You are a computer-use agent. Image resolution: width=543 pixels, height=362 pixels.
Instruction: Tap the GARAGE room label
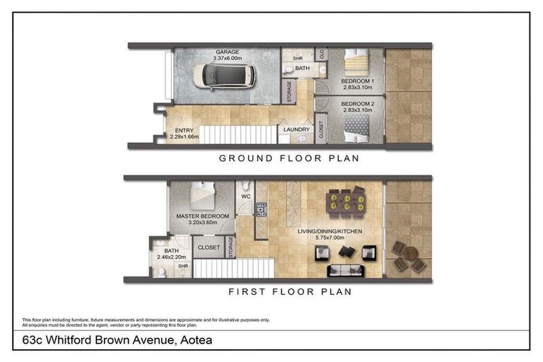point(227,52)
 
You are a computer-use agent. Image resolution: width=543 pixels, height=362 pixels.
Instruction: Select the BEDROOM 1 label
point(357,81)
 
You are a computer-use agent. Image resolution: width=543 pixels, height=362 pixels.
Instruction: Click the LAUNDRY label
point(296,129)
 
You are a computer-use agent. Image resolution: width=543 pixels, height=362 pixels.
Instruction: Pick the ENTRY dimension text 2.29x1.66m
point(185,137)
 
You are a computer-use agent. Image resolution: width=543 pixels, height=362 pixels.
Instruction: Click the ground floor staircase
point(238,134)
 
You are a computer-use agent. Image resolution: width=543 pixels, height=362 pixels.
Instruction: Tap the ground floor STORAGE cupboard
point(288,91)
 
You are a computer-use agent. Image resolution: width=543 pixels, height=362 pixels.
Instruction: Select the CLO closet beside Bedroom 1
point(322,54)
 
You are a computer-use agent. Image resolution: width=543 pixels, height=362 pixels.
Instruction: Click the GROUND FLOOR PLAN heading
point(289,158)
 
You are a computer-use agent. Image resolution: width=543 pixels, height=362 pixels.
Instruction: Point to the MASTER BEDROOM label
point(203,216)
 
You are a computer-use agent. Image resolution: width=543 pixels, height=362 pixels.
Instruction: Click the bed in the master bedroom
point(203,195)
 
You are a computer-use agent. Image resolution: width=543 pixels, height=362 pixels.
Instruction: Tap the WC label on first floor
point(246,197)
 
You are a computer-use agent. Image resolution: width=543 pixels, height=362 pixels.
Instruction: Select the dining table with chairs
point(346,202)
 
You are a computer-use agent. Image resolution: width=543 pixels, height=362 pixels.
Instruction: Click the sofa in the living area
point(346,271)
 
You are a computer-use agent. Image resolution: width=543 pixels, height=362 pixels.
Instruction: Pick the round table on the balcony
point(411,254)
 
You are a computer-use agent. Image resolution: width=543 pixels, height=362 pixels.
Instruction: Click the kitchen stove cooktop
point(261,209)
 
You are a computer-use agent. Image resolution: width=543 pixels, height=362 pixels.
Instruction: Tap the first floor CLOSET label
point(209,247)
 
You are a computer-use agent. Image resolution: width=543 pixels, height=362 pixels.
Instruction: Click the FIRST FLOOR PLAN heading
point(290,292)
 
